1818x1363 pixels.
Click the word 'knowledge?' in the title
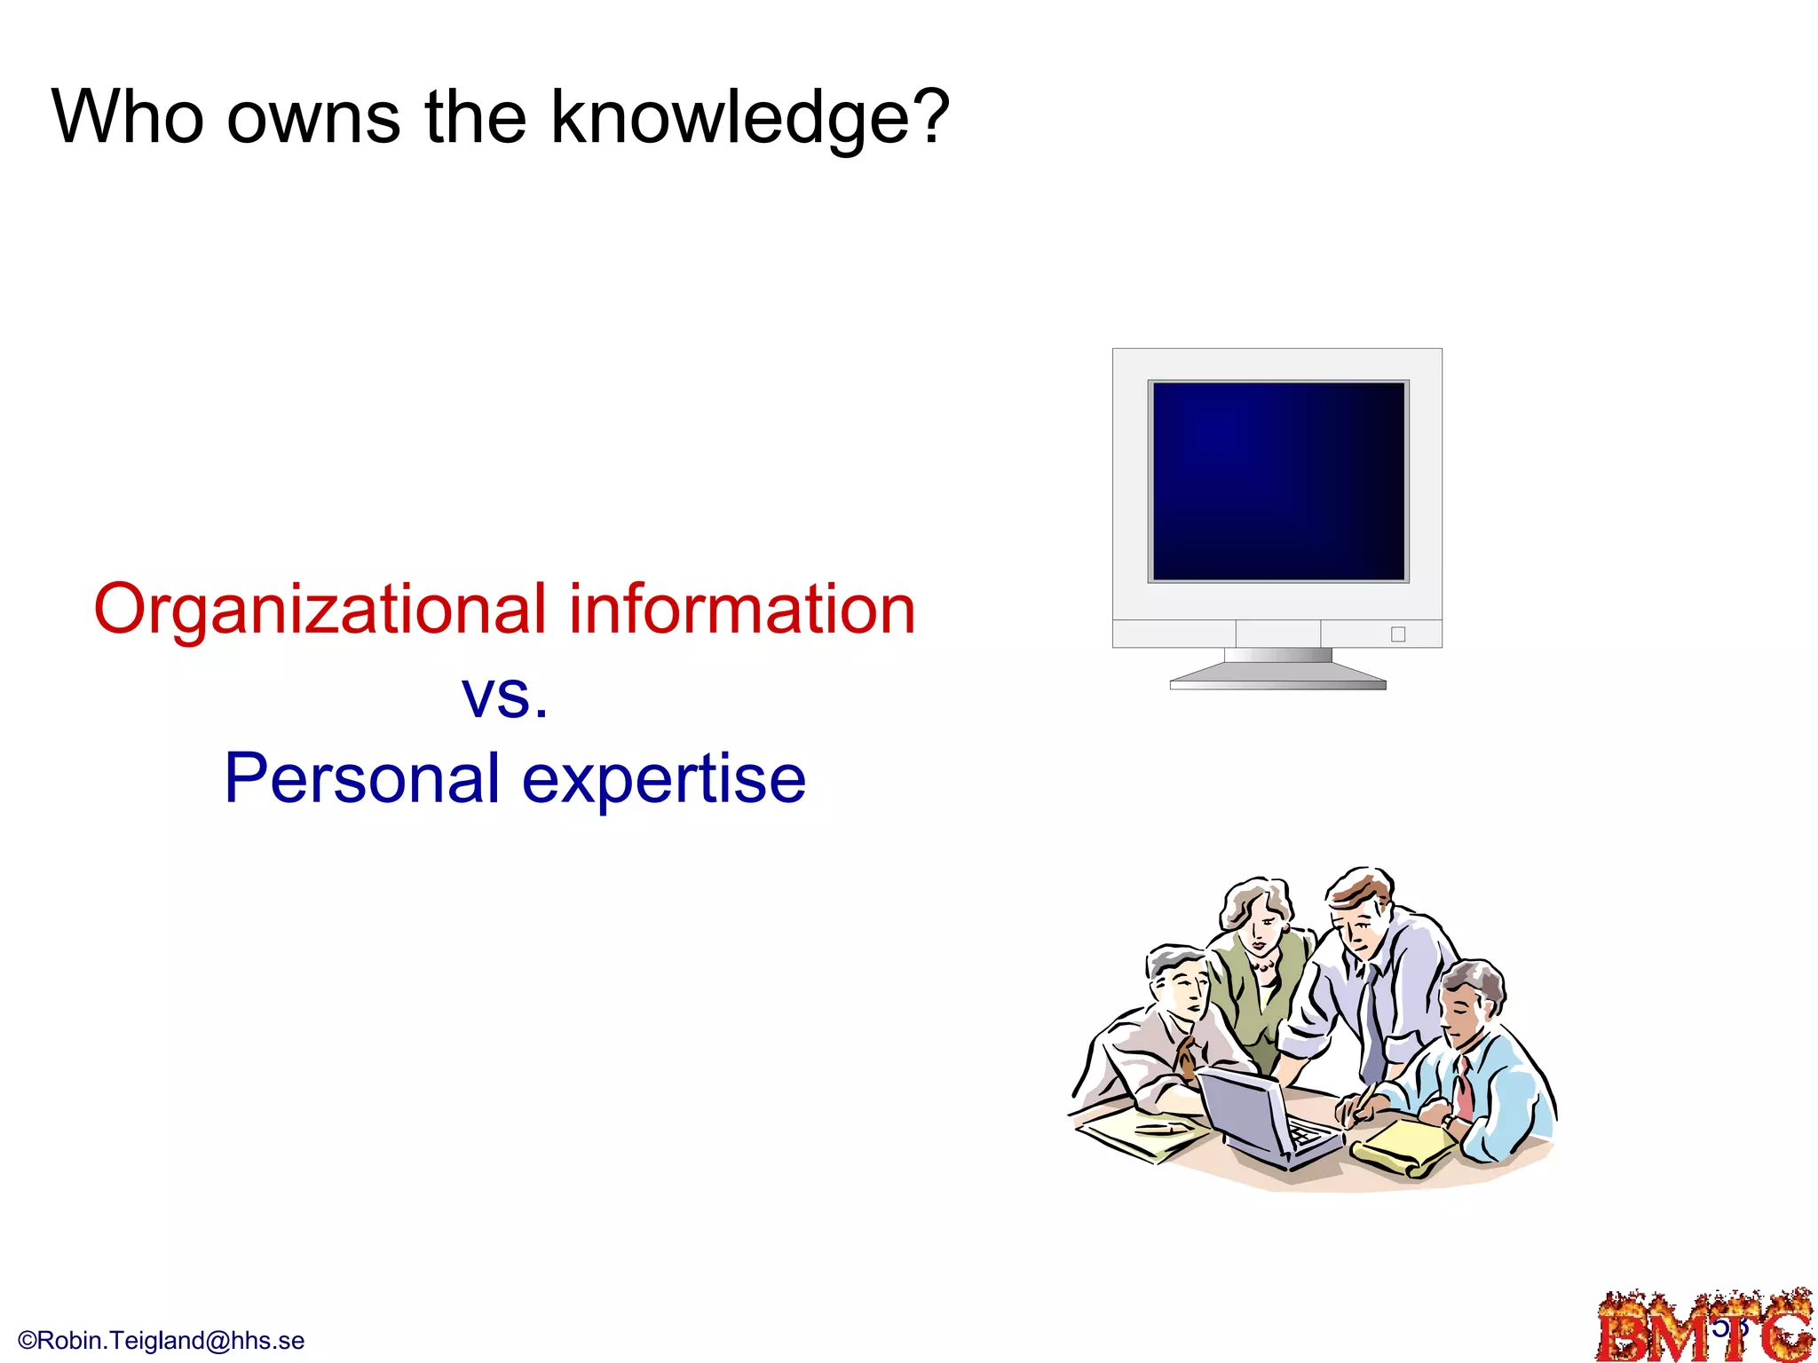[750, 117]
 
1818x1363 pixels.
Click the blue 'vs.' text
[504, 695]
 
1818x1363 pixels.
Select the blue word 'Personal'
[362, 779]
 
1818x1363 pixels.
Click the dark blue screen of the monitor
[1278, 481]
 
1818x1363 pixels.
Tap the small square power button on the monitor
[1398, 634]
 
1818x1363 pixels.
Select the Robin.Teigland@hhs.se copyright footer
[162, 1340]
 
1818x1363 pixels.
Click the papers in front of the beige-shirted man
[1141, 1136]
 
